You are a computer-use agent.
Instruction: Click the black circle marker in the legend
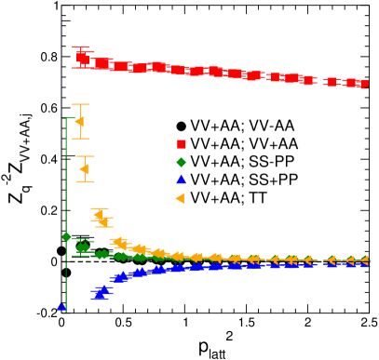pyautogui.click(x=181, y=126)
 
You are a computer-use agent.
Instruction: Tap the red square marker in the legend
pyautogui.click(x=181, y=143)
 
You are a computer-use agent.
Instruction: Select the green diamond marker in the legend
pyautogui.click(x=181, y=162)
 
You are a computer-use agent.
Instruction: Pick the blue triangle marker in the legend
pyautogui.click(x=181, y=180)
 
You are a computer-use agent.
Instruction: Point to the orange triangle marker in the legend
pyautogui.click(x=181, y=198)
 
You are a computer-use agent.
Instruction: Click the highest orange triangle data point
pyautogui.click(x=79, y=122)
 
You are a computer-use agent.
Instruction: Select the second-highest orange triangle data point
pyautogui.click(x=85, y=169)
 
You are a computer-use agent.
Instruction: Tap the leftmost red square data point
pyautogui.click(x=81, y=58)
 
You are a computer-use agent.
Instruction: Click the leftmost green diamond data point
pyautogui.click(x=66, y=236)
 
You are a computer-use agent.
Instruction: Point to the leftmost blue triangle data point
pyautogui.click(x=61, y=305)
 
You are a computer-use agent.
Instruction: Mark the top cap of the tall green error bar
pyautogui.click(x=66, y=118)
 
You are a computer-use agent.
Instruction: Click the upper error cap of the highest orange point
pyautogui.click(x=80, y=104)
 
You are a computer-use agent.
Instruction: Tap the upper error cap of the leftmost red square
pyautogui.click(x=81, y=47)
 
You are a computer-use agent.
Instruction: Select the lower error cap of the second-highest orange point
pyautogui.click(x=85, y=181)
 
